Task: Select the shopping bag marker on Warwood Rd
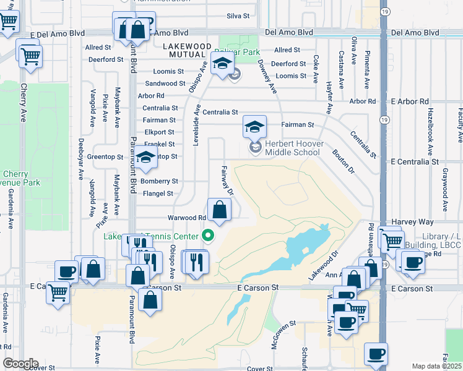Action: tap(219, 210)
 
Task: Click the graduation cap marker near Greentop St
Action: tap(145, 159)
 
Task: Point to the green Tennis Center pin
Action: tap(208, 236)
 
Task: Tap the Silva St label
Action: tap(238, 16)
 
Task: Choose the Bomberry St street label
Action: tap(160, 181)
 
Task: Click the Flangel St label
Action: tap(158, 194)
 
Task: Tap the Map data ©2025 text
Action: tap(436, 366)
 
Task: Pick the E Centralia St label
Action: tap(415, 161)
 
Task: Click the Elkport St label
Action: tap(158, 132)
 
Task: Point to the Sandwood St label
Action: tap(165, 83)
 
